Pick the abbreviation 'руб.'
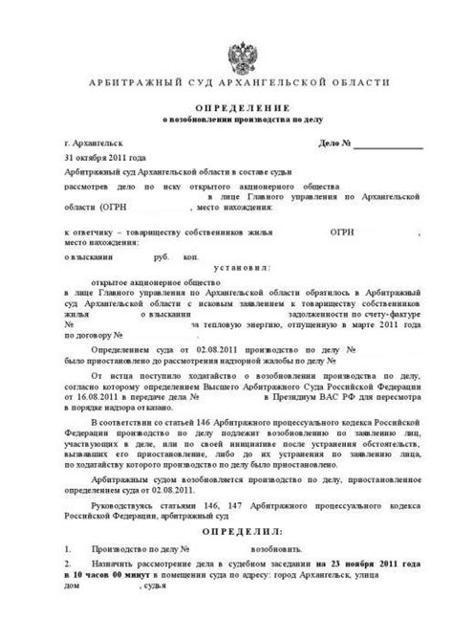point(162,257)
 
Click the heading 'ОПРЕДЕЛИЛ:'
point(226,529)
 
